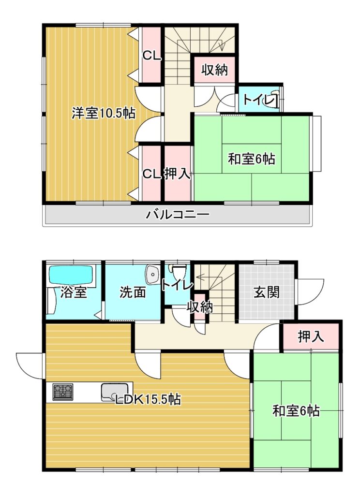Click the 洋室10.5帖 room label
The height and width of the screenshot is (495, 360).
[104, 113]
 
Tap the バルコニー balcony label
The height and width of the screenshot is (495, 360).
[177, 215]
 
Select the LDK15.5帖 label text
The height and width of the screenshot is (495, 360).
[148, 399]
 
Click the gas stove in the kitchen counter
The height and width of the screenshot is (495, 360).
[63, 392]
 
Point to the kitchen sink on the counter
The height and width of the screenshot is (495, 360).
[114, 392]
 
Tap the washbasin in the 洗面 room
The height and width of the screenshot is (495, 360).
[152, 274]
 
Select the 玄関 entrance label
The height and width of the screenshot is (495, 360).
[267, 292]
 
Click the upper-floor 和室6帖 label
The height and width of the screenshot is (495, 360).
[251, 159]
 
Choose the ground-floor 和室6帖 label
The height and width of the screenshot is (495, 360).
[296, 411]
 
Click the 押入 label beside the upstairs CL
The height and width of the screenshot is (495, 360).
[178, 174]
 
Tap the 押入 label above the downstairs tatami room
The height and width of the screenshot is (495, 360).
[311, 337]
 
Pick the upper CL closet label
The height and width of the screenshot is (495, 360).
[152, 57]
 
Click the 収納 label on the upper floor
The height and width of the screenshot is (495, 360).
[215, 70]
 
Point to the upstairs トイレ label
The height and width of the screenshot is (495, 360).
[258, 100]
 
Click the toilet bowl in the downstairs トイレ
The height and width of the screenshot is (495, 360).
[178, 270]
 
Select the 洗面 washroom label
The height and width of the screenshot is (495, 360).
[133, 292]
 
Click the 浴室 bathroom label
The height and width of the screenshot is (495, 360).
[74, 292]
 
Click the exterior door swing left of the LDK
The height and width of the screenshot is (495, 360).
[30, 366]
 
